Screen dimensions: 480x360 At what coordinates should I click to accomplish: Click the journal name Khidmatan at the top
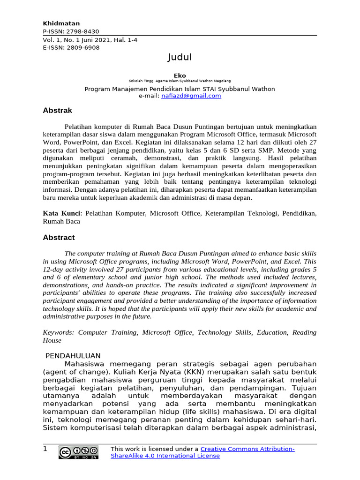[61, 23]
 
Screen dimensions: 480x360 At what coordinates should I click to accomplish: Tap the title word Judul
[180, 58]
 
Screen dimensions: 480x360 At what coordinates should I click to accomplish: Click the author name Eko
[180, 75]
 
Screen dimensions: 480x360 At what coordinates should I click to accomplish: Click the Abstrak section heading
[57, 111]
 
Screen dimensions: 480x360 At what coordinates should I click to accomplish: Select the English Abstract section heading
[59, 238]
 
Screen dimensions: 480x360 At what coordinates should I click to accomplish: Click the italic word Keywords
[58, 332]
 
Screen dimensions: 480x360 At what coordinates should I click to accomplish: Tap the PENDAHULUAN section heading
[73, 356]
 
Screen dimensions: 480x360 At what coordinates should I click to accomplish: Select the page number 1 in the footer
[45, 449]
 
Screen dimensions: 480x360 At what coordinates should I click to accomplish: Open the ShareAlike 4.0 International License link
[165, 456]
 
